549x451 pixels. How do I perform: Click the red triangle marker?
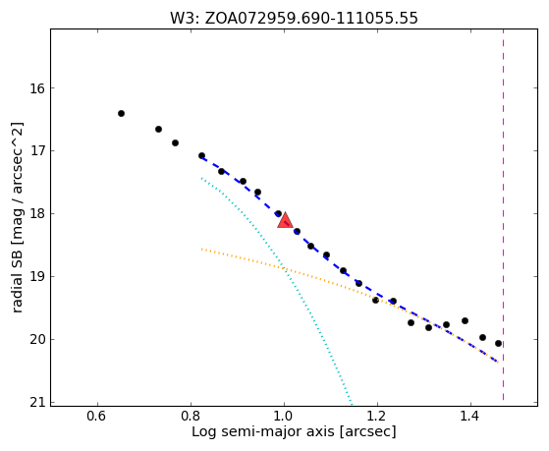coord(285,220)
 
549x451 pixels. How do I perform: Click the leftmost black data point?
coord(121,113)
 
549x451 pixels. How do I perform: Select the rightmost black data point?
coord(498,344)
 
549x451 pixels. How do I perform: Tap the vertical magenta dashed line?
coord(503,214)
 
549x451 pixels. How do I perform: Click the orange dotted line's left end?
coord(201,250)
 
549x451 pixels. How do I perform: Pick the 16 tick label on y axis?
coord(37,88)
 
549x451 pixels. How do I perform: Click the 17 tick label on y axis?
coord(37,151)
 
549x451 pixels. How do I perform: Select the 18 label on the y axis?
coord(37,214)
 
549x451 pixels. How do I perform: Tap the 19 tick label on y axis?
coord(37,277)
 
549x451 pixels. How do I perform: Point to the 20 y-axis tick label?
coord(37,340)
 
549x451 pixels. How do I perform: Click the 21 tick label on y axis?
coord(37,403)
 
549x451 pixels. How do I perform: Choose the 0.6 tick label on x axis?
coord(97,417)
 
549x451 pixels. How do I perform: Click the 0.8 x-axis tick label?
coord(191,417)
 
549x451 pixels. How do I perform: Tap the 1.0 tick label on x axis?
coord(284,417)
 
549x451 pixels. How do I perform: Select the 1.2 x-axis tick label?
coord(377,417)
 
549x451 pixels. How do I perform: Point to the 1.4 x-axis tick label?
coord(470,417)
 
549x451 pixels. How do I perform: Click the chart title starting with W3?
coord(294,18)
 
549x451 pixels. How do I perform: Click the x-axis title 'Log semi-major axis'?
coord(263,431)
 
